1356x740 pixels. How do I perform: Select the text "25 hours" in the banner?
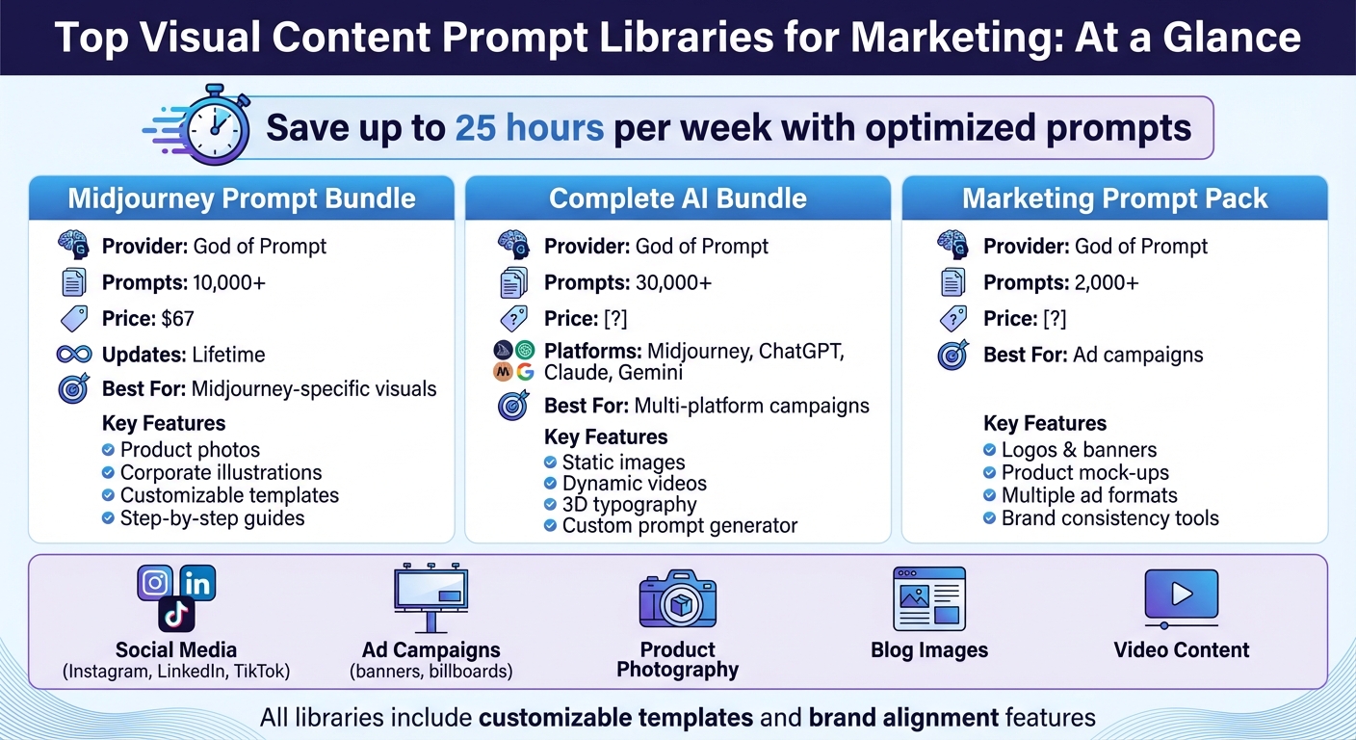tap(530, 127)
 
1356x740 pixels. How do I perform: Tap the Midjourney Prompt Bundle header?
tap(241, 198)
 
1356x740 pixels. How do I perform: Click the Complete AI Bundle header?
tap(677, 198)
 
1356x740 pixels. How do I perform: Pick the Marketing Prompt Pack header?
tap(1114, 198)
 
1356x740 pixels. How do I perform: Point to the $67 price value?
tap(178, 318)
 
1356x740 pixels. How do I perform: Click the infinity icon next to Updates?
tap(73, 354)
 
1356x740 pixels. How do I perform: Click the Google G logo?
tap(525, 371)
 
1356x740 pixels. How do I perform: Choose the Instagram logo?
tap(155, 583)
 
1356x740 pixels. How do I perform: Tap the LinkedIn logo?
tap(197, 583)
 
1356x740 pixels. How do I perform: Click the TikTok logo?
tap(176, 614)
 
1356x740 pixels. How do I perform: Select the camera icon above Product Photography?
tap(677, 599)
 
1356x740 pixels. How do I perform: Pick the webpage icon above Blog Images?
tap(928, 598)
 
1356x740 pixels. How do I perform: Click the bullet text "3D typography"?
tap(629, 504)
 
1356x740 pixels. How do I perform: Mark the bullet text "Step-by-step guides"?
tap(212, 518)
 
